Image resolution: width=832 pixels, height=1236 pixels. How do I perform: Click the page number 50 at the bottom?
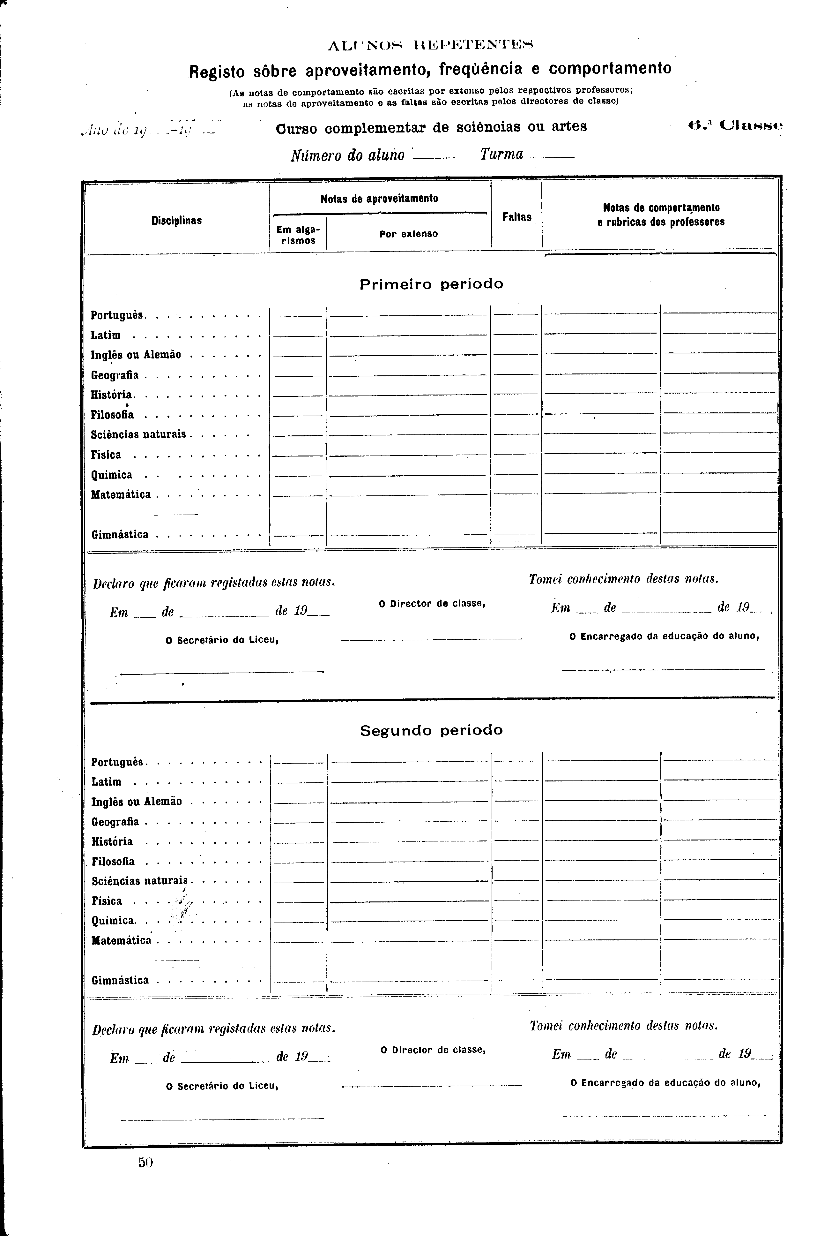145,1162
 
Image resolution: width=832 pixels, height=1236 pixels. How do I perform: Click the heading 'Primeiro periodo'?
431,284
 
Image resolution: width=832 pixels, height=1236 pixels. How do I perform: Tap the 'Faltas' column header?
517,217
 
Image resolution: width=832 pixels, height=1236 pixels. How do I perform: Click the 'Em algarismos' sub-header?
298,235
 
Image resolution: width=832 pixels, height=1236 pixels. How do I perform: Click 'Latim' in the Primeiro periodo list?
106,335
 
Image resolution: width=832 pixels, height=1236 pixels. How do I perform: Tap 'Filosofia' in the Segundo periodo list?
113,861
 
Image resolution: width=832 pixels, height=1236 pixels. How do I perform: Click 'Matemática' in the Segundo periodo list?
122,940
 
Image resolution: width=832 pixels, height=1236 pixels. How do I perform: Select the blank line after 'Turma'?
552,158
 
